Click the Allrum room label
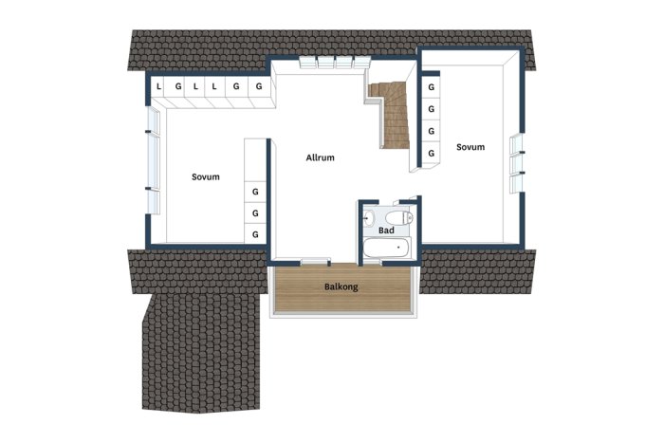321,157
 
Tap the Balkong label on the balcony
341,286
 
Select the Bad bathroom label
386,230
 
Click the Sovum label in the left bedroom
206,176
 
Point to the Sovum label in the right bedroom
470,147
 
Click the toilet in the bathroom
399,217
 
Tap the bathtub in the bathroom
387,248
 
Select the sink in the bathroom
368,218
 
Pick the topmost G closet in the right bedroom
431,87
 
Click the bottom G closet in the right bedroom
431,153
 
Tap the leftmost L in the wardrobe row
158,87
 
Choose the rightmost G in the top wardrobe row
259,86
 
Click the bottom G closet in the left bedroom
255,234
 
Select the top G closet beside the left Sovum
255,192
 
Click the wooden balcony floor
343,288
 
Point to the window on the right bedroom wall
517,164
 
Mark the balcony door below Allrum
315,262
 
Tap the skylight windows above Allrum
335,62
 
